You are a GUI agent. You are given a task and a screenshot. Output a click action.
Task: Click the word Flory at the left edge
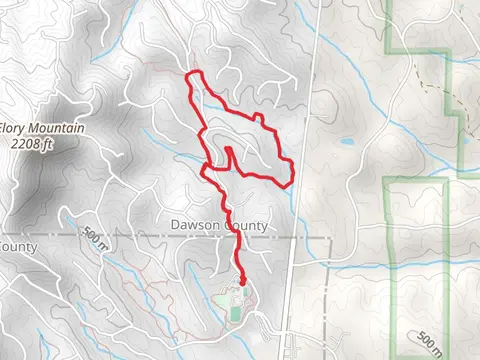click(12, 129)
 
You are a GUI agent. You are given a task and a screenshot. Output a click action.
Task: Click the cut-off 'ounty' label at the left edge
click(18, 247)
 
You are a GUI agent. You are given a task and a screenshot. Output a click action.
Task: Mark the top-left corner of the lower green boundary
click(386, 180)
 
